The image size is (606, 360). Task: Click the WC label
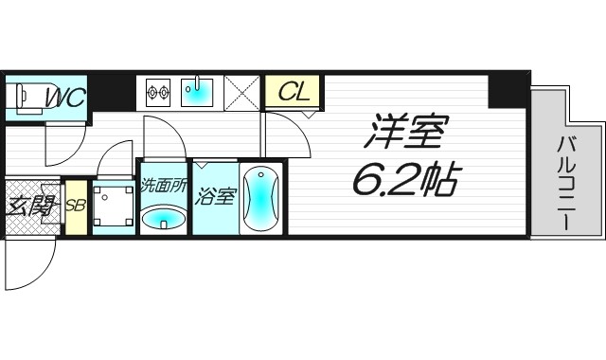click(x=64, y=98)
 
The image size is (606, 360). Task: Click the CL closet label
click(x=294, y=93)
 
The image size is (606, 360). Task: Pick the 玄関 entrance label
click(x=30, y=206)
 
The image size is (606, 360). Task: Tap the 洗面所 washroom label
click(x=163, y=186)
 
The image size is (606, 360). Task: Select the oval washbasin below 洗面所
click(x=163, y=220)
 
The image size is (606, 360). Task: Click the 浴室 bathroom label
click(x=215, y=197)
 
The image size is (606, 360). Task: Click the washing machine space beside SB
click(x=115, y=206)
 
